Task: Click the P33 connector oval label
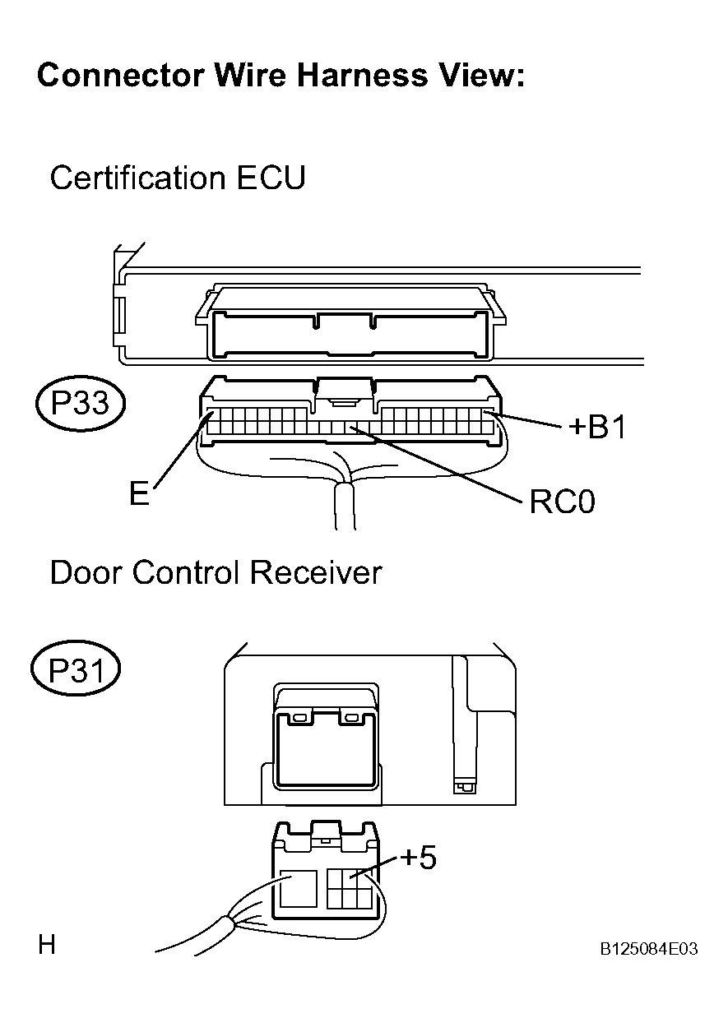(x=80, y=403)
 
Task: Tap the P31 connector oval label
(x=76, y=670)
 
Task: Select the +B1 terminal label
(x=597, y=428)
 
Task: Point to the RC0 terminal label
(x=563, y=502)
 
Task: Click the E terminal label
(x=139, y=493)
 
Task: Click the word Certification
(x=137, y=178)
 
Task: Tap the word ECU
(x=271, y=178)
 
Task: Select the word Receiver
(x=316, y=572)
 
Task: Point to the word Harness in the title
(x=363, y=75)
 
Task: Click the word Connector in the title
(x=120, y=76)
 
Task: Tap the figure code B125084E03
(x=649, y=949)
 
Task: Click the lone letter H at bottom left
(x=46, y=946)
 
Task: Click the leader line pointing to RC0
(x=436, y=464)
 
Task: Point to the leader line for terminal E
(x=182, y=451)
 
